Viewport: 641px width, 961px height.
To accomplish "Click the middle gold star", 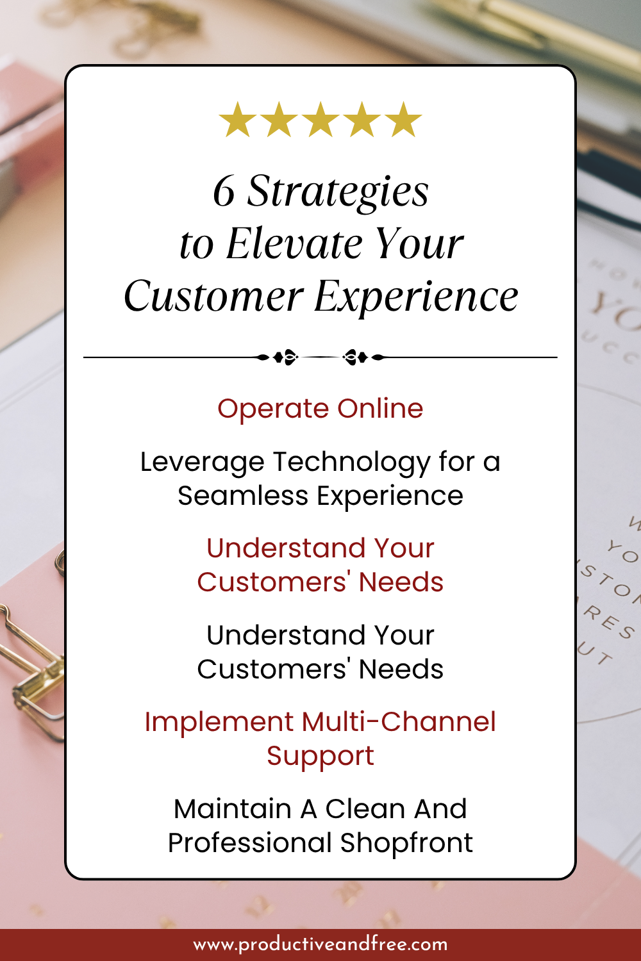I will coord(320,120).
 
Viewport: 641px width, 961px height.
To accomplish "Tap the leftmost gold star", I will coord(238,120).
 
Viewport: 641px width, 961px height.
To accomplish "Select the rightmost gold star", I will coord(404,120).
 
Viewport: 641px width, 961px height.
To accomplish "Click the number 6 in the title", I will coord(224,192).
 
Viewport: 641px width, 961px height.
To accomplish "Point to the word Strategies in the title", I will coord(338,192).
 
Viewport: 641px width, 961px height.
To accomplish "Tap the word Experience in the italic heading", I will coord(416,297).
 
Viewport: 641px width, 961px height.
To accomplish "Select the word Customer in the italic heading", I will coord(213,297).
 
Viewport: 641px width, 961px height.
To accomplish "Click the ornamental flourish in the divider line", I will coord(320,357).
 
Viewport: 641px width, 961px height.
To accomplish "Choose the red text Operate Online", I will coord(320,409).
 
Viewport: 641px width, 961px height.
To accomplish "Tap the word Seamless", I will coord(243,496).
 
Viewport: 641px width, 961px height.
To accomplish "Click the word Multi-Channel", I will coord(399,722).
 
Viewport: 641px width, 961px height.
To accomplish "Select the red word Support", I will coord(320,756).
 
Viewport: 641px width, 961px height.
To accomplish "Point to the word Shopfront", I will coord(406,843).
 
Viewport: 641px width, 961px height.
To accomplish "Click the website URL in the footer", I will coord(320,944).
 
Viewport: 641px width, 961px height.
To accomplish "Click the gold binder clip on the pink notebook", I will coord(29,673).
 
